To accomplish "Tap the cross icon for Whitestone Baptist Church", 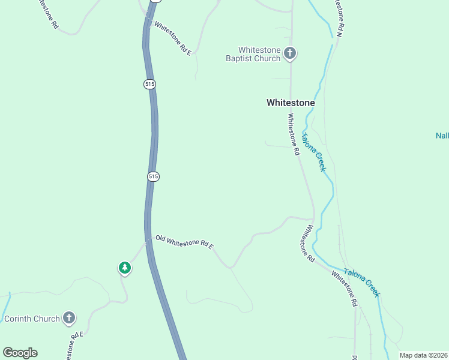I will tap(290, 54).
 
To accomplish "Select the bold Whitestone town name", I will tap(291, 103).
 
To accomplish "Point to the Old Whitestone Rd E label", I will tap(184, 242).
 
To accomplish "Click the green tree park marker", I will tap(124, 268).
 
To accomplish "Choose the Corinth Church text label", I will tap(32, 319).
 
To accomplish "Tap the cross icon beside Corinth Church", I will tap(69, 318).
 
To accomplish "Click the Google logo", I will tap(20, 353).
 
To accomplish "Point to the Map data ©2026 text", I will tap(423, 355).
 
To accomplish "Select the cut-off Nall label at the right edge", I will tap(442, 136).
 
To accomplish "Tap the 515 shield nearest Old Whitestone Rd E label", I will tap(152, 176).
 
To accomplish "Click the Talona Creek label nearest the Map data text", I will tap(362, 281).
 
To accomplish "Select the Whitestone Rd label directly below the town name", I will tap(293, 134).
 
